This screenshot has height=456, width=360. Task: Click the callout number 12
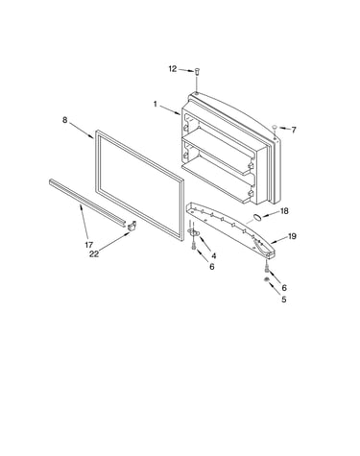[x=173, y=68]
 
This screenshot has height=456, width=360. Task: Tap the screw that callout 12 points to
[x=197, y=71]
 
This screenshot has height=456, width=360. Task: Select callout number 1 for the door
[x=156, y=104]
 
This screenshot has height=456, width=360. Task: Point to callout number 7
[x=294, y=130]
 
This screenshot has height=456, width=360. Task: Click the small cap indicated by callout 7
[x=275, y=128]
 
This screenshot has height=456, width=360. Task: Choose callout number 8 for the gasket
[x=65, y=120]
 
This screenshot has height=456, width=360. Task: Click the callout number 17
[x=89, y=245]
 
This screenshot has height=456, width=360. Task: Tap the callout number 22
[x=94, y=253]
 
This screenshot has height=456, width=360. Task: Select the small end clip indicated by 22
[x=132, y=226]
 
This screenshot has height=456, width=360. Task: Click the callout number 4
[x=213, y=256]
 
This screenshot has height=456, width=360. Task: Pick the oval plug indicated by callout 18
[x=257, y=218]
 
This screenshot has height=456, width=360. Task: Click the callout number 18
[x=284, y=211]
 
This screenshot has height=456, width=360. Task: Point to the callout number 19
[x=292, y=236]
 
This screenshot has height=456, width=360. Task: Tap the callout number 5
[x=284, y=300]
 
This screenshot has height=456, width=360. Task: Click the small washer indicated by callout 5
[x=266, y=280]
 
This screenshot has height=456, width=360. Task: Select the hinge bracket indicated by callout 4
[x=193, y=231]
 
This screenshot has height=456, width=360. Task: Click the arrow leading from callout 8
[x=82, y=131]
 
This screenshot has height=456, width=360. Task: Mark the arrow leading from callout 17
[x=84, y=222]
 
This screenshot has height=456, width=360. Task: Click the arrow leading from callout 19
[x=278, y=240]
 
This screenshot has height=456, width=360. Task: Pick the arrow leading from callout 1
[x=170, y=109]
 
